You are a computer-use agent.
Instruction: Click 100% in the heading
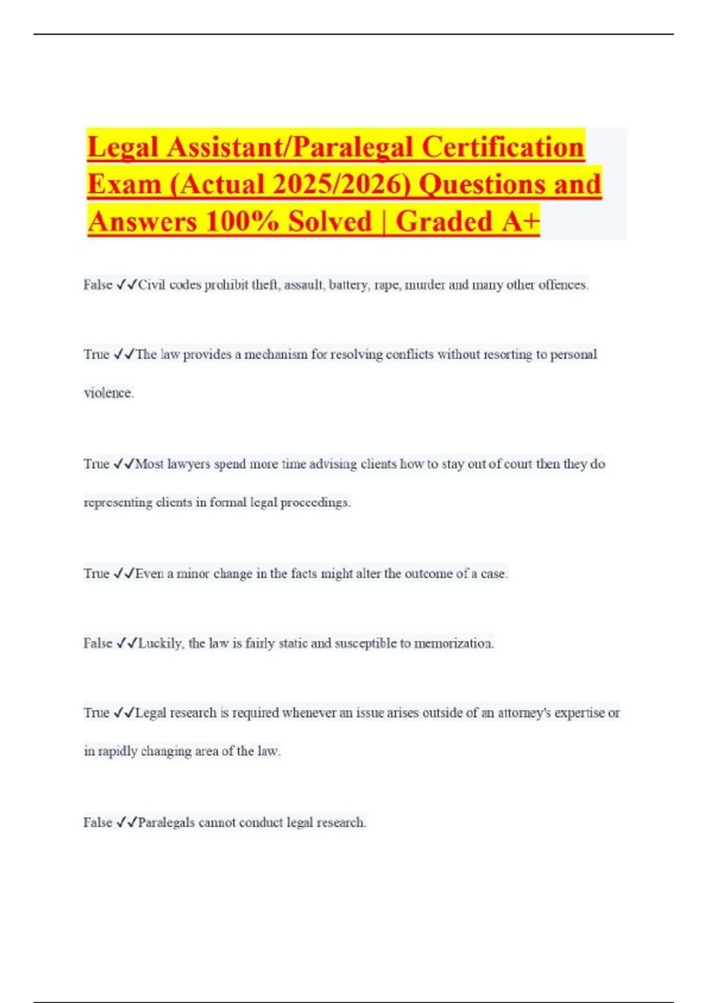pyautogui.click(x=241, y=222)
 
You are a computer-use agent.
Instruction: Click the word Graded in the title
pyautogui.click(x=444, y=222)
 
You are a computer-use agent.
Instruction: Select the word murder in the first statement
pyautogui.click(x=424, y=285)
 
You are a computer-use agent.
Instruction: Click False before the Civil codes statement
pyautogui.click(x=97, y=285)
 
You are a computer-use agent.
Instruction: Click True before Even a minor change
pyautogui.click(x=96, y=573)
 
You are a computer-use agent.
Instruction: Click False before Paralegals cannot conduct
pyautogui.click(x=97, y=822)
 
